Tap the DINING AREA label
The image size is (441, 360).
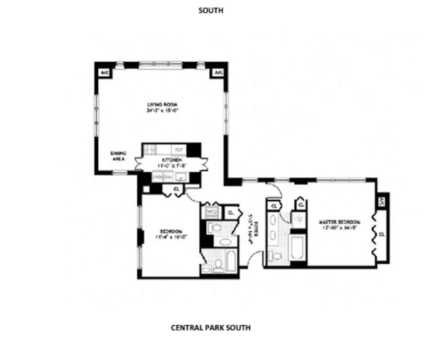point(118,156)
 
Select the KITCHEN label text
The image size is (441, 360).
point(171,160)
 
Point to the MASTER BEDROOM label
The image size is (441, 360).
point(339,222)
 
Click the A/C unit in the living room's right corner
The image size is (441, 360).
point(218,72)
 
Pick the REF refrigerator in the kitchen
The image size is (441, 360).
point(178,149)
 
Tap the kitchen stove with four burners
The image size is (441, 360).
point(149,149)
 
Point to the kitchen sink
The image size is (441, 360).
point(180,177)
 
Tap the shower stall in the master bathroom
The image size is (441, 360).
point(298,219)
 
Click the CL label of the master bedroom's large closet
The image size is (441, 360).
point(382,234)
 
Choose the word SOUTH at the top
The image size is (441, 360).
point(211,10)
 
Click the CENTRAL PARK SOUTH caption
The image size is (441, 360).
point(211,328)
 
